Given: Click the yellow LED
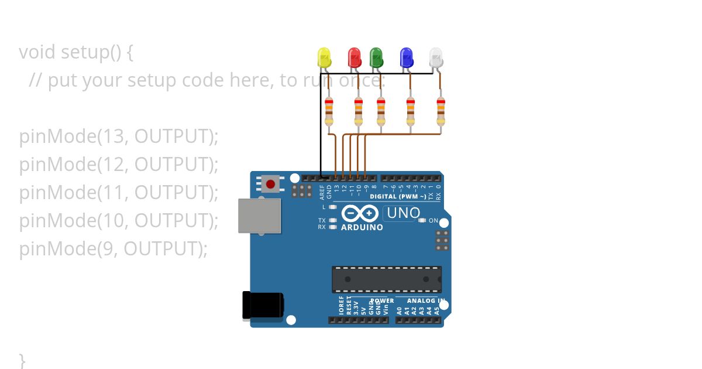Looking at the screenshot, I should [324, 57].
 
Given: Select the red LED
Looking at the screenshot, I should [354, 57].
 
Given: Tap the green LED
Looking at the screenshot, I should [376, 57].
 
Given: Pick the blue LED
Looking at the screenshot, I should [406, 57].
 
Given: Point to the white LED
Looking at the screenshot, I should [436, 57].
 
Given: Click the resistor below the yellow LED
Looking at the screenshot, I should [329, 111].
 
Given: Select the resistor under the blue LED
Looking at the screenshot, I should [411, 111].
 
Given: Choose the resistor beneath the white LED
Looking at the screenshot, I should [441, 111].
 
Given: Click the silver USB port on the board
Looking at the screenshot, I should [259, 215].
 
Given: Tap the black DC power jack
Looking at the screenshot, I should [263, 305].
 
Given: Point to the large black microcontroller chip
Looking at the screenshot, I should [387, 279].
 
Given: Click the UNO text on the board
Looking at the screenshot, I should [403, 213].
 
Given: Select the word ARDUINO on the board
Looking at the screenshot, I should [362, 227].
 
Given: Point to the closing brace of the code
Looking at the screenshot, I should [22, 359].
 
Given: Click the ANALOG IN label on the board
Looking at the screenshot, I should [426, 301].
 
